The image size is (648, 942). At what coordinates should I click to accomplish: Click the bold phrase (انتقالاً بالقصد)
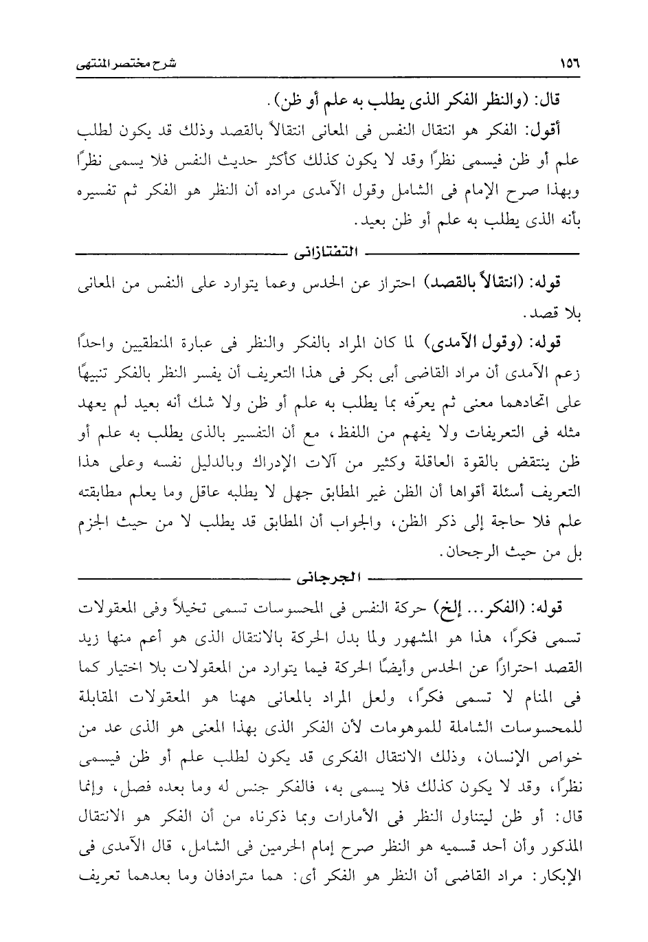(478, 282)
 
